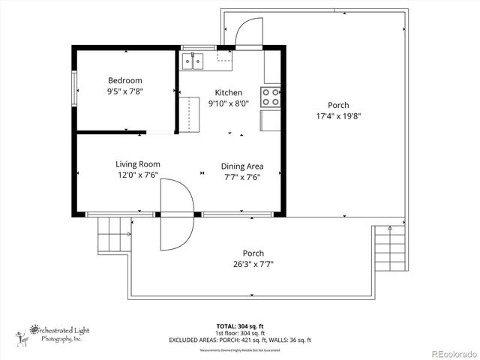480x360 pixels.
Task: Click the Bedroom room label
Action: point(124,80)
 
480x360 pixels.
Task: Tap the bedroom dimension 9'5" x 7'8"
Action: point(124,91)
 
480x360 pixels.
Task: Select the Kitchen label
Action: point(228,93)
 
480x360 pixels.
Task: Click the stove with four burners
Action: point(270,97)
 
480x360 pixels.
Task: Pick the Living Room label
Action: point(137,164)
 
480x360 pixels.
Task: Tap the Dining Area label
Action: point(241,166)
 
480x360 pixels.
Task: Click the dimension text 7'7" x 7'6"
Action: point(241,178)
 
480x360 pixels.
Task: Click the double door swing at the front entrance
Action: point(177,214)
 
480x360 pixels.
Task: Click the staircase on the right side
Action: point(390,248)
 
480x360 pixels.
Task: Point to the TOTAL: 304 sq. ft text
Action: point(241,326)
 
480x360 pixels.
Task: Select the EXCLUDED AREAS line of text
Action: point(241,340)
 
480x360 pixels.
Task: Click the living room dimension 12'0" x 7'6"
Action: point(137,175)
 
